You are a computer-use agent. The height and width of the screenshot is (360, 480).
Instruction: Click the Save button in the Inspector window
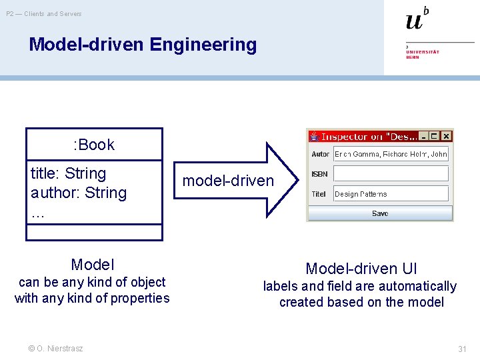(x=380, y=213)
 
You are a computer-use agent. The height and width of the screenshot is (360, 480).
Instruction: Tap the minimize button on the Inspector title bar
(x=423, y=136)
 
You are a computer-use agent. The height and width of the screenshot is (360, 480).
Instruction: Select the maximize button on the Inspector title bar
(x=435, y=136)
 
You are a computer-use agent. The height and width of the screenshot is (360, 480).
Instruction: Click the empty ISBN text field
(x=391, y=174)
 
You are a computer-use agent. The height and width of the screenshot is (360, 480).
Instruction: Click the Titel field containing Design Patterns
(x=391, y=194)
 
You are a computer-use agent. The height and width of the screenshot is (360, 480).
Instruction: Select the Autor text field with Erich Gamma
(x=391, y=154)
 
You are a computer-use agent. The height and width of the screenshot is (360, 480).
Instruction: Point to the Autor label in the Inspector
(x=320, y=154)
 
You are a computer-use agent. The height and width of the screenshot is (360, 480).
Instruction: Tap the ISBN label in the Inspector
(x=319, y=174)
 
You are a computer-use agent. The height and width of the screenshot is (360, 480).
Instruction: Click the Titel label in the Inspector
(x=319, y=194)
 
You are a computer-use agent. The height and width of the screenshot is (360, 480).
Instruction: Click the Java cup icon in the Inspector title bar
(x=314, y=136)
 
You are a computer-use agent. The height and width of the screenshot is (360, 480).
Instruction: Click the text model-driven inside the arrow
(x=228, y=181)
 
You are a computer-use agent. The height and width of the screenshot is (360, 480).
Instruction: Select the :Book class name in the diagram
(x=94, y=145)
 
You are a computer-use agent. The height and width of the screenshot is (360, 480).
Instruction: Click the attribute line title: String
(x=69, y=173)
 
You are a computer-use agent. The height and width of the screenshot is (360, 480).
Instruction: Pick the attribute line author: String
(x=79, y=193)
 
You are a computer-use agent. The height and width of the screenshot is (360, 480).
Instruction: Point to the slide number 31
(x=462, y=349)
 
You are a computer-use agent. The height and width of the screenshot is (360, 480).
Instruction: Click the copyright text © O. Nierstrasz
(x=56, y=349)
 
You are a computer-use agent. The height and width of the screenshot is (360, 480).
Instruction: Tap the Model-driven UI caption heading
(x=361, y=269)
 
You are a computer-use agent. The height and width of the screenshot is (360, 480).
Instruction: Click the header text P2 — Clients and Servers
(x=44, y=13)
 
